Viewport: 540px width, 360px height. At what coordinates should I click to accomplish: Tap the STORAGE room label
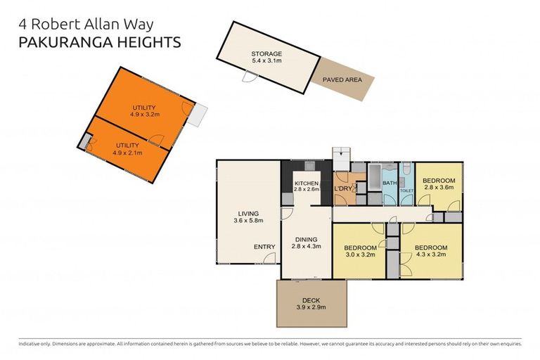(266, 53)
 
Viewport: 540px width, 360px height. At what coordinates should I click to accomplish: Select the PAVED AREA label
(342, 80)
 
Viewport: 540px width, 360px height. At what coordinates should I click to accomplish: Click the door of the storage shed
(247, 77)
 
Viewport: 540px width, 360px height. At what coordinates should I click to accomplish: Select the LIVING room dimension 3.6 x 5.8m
(247, 221)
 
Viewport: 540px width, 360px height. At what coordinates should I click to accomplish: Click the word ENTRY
(264, 247)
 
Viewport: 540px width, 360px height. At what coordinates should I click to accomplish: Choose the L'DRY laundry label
(343, 188)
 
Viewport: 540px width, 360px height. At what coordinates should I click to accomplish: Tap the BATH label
(389, 184)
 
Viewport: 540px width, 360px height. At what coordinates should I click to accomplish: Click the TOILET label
(406, 190)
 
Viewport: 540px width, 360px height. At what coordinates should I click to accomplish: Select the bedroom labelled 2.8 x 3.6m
(439, 184)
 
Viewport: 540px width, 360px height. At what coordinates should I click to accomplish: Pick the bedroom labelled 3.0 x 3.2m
(360, 252)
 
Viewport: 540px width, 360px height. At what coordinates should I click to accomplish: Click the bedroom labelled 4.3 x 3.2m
(431, 252)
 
